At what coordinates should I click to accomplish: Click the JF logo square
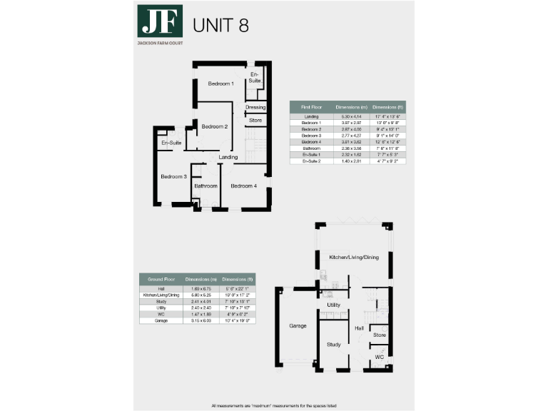pyautogui.click(x=160, y=24)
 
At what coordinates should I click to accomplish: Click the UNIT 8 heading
pyautogui.click(x=221, y=25)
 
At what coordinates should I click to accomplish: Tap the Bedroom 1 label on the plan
pyautogui.click(x=220, y=84)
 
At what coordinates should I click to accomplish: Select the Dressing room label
pyautogui.click(x=255, y=108)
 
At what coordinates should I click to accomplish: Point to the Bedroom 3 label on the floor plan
pyautogui.click(x=173, y=177)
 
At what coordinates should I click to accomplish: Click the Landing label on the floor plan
pyautogui.click(x=228, y=157)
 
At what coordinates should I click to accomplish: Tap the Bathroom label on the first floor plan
pyautogui.click(x=205, y=186)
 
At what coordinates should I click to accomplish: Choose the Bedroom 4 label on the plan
pyautogui.click(x=243, y=186)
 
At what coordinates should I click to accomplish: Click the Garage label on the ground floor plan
pyautogui.click(x=297, y=326)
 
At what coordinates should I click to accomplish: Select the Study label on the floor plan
pyautogui.click(x=334, y=345)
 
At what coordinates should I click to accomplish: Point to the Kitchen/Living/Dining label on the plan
pyautogui.click(x=354, y=257)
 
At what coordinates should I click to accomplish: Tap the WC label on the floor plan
pyautogui.click(x=380, y=357)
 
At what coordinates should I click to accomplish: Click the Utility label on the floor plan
pyautogui.click(x=333, y=305)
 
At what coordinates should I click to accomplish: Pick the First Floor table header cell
pyautogui.click(x=310, y=107)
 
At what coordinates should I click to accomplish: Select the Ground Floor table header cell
pyautogui.click(x=160, y=279)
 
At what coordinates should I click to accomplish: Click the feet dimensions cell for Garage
pyautogui.click(x=238, y=321)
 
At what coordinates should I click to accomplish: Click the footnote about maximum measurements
pyautogui.click(x=274, y=406)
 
